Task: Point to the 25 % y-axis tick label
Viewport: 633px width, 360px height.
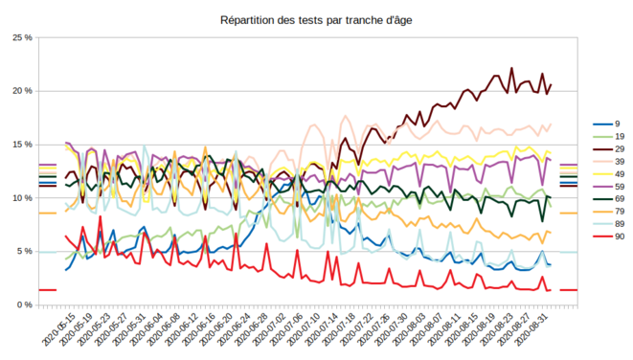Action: pyautogui.click(x=22, y=37)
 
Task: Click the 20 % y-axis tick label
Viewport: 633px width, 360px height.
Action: pyautogui.click(x=22, y=91)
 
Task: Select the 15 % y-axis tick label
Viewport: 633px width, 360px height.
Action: pyautogui.click(x=22, y=145)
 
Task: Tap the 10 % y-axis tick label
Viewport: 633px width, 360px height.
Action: pyautogui.click(x=22, y=198)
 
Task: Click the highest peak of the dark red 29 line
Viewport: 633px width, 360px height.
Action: pyautogui.click(x=512, y=68)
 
